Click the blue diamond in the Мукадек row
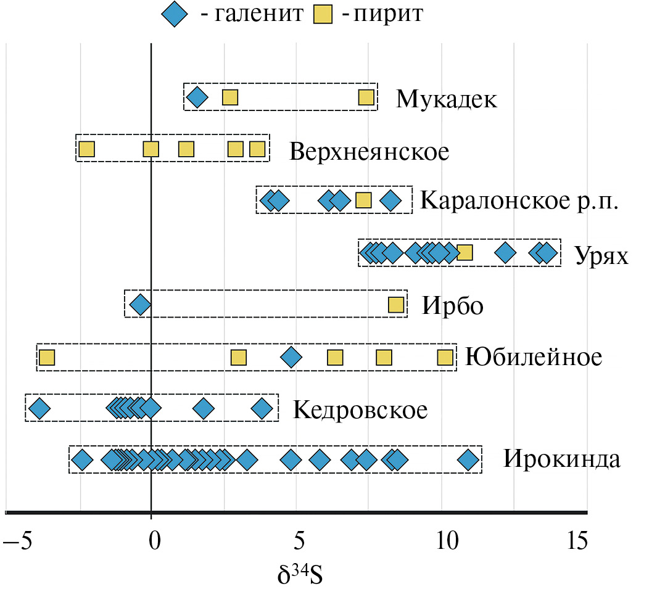click(x=197, y=97)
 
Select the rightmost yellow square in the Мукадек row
click(x=366, y=97)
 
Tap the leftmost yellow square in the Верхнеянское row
click(x=86, y=149)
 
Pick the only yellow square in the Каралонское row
click(x=363, y=200)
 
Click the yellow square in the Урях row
click(x=465, y=252)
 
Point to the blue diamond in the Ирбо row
click(x=141, y=304)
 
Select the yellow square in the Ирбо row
click(x=395, y=304)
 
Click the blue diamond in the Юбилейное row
click(x=291, y=357)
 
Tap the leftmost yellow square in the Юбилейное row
click(x=47, y=357)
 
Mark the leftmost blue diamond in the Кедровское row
click(x=39, y=408)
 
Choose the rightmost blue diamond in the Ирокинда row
click(x=469, y=460)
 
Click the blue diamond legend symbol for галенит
click(x=175, y=14)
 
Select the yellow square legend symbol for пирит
click(x=322, y=14)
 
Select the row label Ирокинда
click(x=561, y=460)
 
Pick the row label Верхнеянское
click(x=369, y=151)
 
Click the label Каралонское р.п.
click(x=518, y=201)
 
